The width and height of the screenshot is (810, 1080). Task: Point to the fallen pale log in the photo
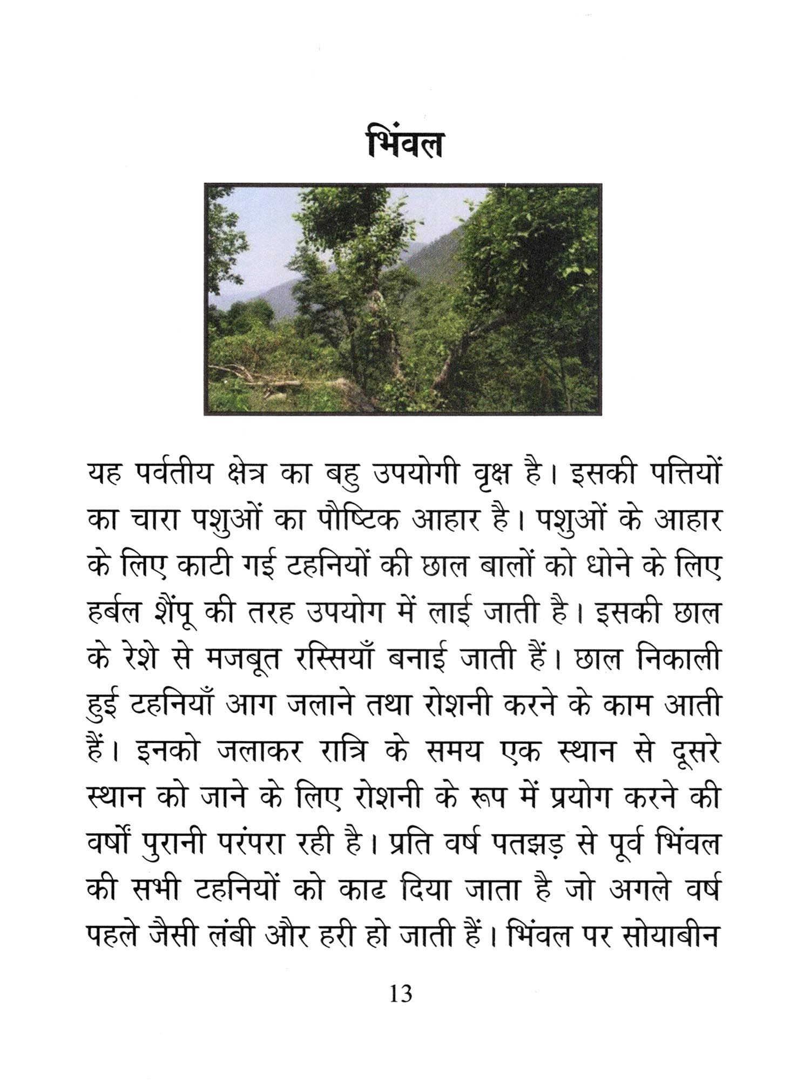270,384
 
